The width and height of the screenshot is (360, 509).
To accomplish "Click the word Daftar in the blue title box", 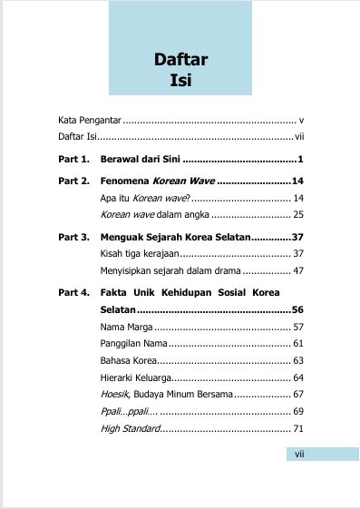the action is pos(181,61).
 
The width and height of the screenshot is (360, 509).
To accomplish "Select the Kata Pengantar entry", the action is pos(89,120).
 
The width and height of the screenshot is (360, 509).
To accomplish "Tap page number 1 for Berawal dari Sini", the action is pos(299,160).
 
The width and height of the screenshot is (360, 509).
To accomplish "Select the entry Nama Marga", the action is pos(125,326).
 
